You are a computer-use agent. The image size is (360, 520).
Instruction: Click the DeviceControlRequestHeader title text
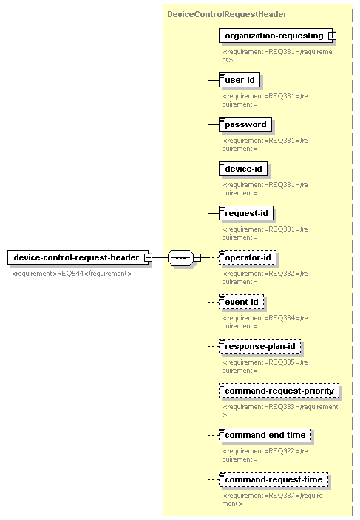click(227, 14)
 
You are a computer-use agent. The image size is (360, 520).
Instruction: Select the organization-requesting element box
click(276, 36)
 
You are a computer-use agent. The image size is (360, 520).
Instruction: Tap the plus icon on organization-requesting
click(332, 36)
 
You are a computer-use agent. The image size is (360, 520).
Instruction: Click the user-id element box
click(240, 80)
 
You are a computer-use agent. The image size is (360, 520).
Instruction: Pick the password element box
click(245, 124)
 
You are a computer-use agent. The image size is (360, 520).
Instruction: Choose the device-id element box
click(243, 169)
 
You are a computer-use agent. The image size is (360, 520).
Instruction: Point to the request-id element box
click(246, 213)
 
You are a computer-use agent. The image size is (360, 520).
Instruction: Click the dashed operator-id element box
click(248, 257)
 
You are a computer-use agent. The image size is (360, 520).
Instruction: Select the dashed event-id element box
click(241, 302)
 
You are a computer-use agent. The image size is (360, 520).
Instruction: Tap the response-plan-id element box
click(260, 347)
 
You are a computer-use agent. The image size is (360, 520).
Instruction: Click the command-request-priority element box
click(279, 391)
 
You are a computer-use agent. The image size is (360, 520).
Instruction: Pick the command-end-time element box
click(265, 436)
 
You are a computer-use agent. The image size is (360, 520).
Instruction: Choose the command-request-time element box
click(274, 480)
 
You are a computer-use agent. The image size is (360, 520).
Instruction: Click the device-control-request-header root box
click(78, 257)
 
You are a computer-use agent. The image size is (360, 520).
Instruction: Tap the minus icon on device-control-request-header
click(148, 257)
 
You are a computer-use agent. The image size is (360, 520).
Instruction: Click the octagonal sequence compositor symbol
click(180, 257)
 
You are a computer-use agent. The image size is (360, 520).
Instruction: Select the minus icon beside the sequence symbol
click(197, 257)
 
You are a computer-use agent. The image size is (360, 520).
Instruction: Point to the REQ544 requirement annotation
click(72, 274)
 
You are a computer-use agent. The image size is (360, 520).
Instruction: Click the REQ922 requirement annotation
click(265, 455)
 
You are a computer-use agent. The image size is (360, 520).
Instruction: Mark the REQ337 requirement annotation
click(273, 499)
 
